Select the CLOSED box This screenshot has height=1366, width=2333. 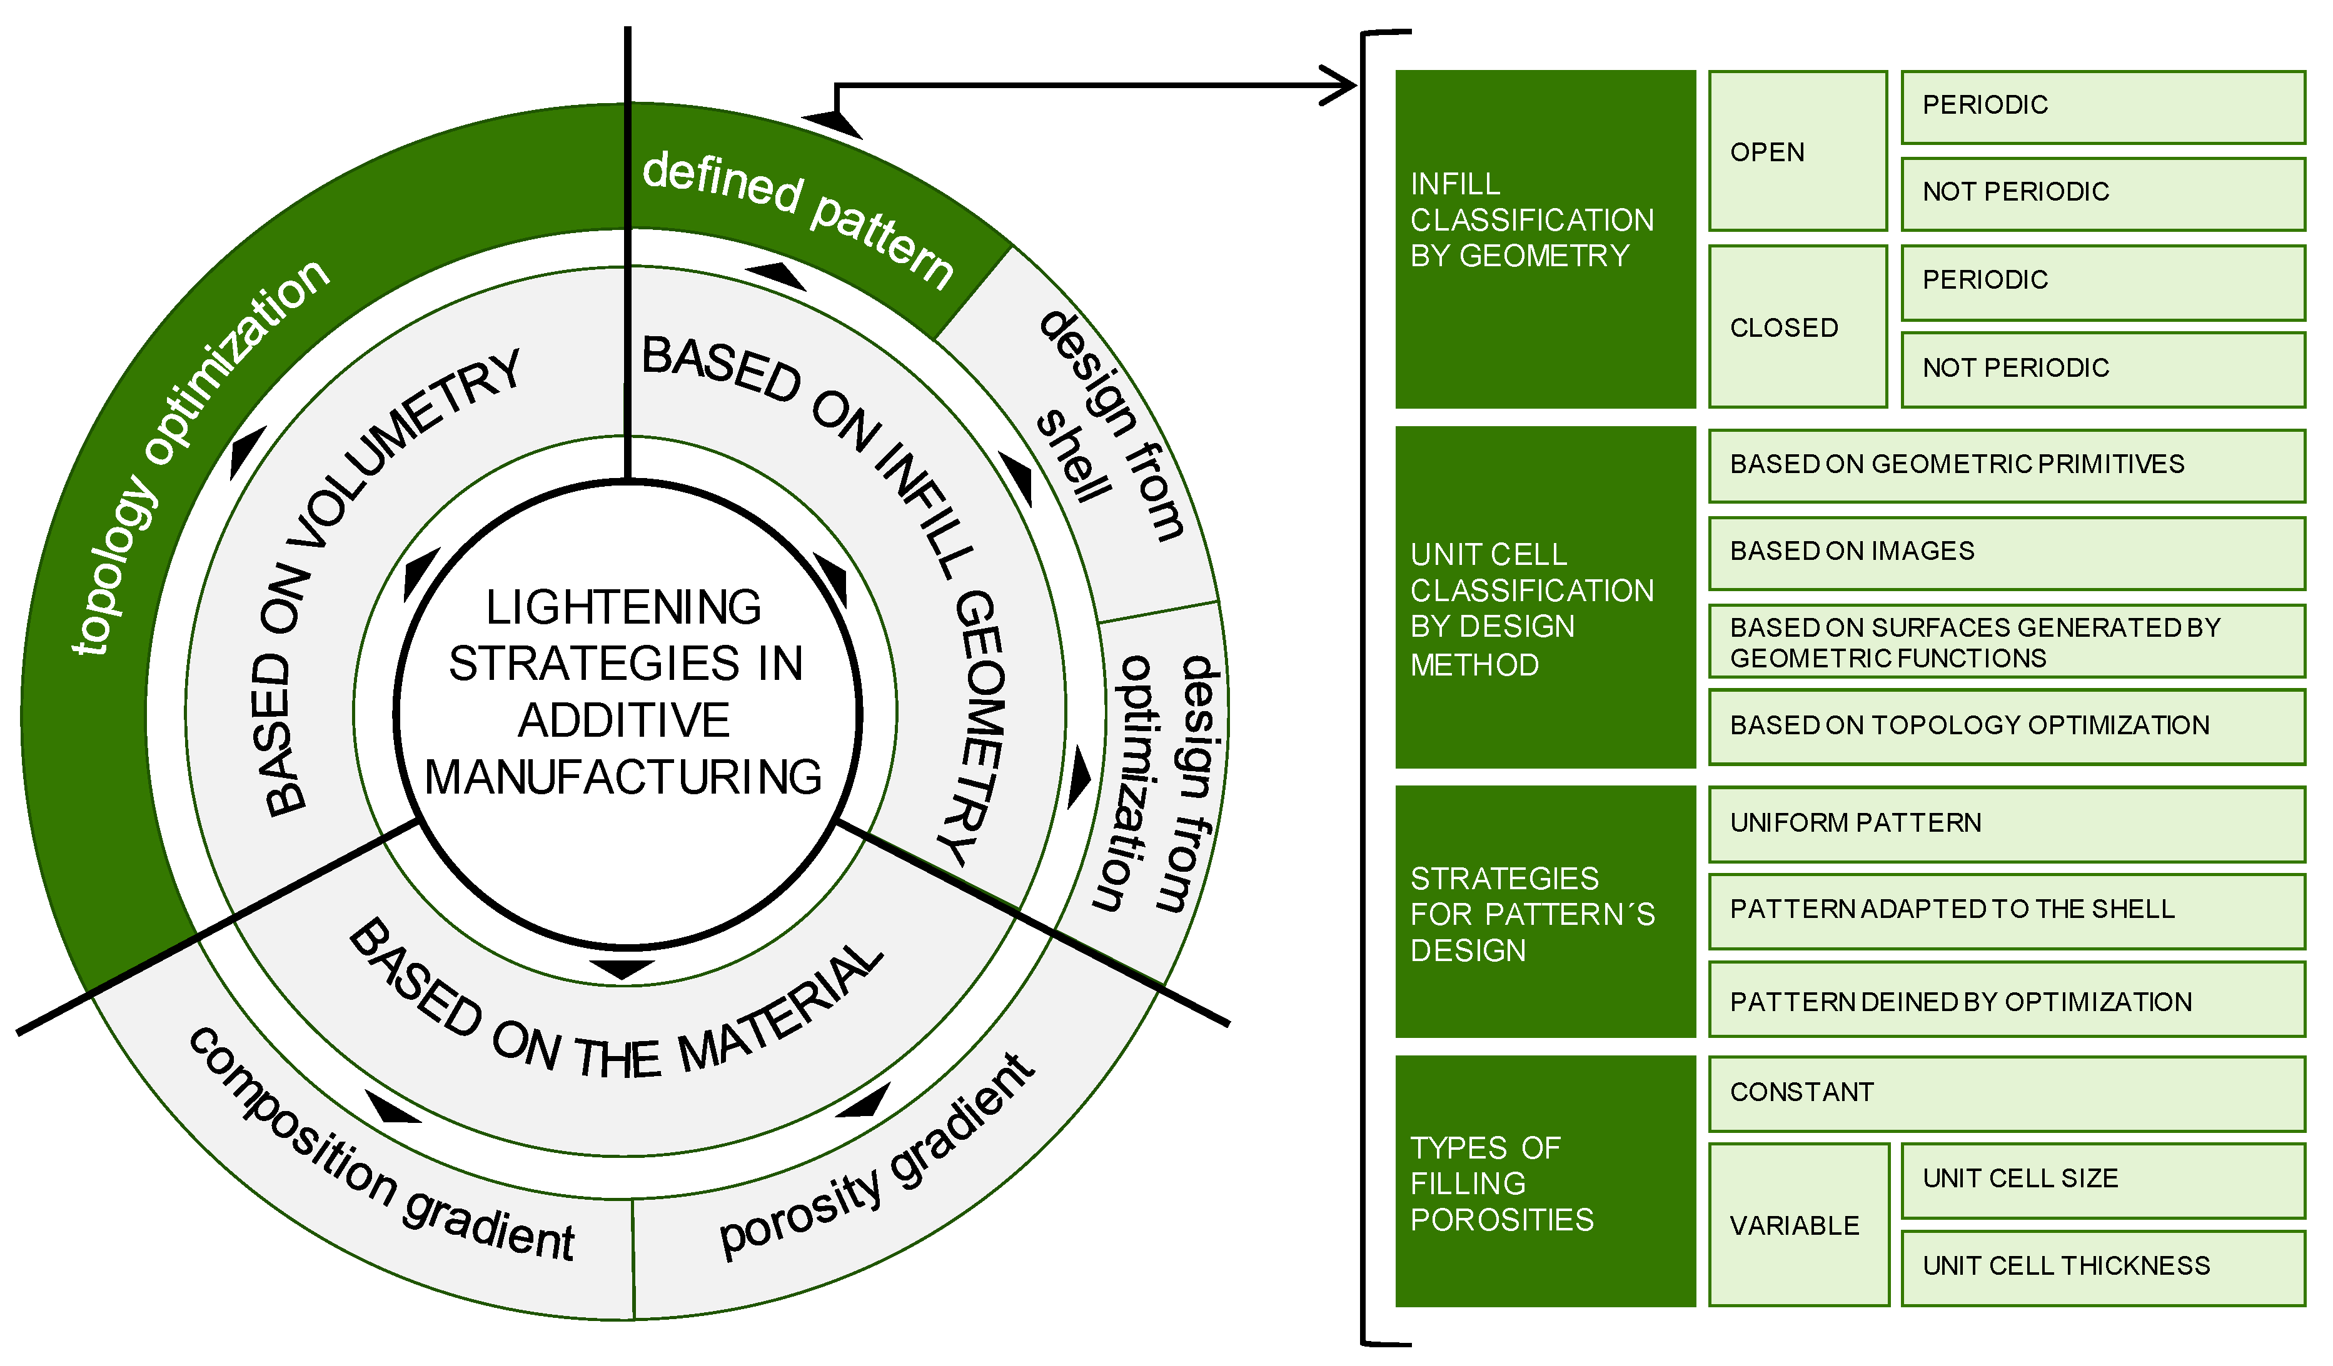pyautogui.click(x=1797, y=327)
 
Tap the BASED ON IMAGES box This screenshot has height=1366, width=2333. pyautogui.click(x=2005, y=552)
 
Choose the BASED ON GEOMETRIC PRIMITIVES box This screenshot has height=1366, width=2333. pyautogui.click(x=2005, y=464)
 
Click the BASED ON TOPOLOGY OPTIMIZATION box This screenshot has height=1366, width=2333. pyautogui.click(x=2005, y=727)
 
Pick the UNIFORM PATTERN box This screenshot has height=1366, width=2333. pyautogui.click(x=2005, y=824)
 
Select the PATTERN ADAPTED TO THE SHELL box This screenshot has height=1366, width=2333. pyautogui.click(x=2005, y=910)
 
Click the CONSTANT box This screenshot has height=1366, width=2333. pyautogui.click(x=2005, y=1093)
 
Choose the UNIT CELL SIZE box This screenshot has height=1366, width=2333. pyautogui.click(x=2102, y=1180)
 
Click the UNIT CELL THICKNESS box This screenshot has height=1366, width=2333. pyautogui.click(x=2102, y=1267)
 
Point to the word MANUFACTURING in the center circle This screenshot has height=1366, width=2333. pyautogui.click(x=623, y=777)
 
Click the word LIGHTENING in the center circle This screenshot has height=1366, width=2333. pyautogui.click(x=623, y=608)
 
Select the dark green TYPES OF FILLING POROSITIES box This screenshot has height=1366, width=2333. pyautogui.click(x=1544, y=1181)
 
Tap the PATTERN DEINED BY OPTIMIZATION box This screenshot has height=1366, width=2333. pyautogui.click(x=2005, y=1002)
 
